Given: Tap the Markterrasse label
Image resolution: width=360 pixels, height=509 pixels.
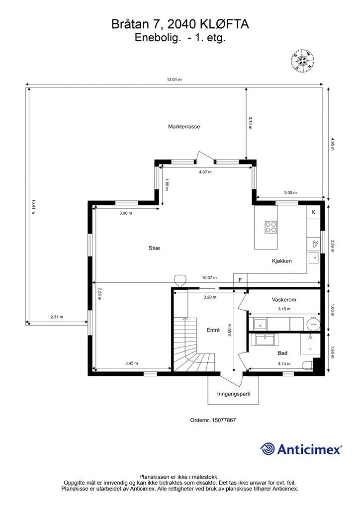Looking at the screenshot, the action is pos(184,127).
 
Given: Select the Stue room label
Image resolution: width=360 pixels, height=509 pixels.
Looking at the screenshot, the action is pos(154,248).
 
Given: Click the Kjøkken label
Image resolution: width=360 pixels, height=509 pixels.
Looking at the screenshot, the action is pos(281,261).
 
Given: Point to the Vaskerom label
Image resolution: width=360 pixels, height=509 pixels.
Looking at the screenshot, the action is pos(284,300).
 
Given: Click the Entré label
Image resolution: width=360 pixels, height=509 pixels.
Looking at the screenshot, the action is pos(213,330).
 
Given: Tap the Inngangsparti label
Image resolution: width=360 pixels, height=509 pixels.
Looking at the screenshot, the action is pos(233,394).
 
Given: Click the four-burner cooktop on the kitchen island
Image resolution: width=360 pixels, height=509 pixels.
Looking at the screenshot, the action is pos(271,227).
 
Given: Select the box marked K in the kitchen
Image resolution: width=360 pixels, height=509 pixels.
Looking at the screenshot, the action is pos(313,212).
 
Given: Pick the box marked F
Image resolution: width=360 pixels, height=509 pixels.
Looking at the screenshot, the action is pos(240,280).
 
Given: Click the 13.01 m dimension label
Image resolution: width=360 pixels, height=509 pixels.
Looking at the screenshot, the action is pos(175,80).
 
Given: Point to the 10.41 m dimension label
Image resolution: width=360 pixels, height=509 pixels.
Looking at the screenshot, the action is pos(33,207).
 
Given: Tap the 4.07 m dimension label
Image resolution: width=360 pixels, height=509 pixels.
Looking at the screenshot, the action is pos(205,172).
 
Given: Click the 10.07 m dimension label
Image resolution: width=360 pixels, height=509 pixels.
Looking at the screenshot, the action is pos(209,278).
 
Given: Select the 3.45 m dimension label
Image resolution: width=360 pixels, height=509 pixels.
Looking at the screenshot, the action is pos(131,363).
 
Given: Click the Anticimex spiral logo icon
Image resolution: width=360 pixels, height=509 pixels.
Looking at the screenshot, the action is pos(268,449).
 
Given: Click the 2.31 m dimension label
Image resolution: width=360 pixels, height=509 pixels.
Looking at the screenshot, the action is pos(57,317).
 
